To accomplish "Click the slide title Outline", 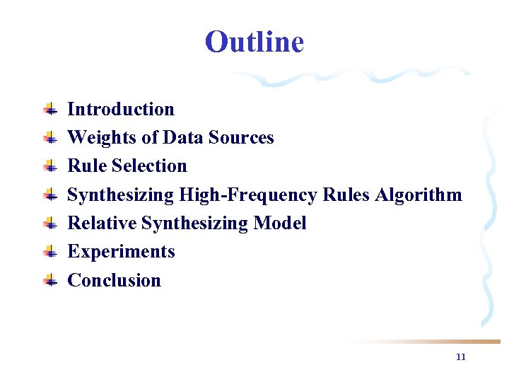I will (255, 42).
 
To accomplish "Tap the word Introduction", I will (120, 109).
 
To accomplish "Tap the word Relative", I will (102, 223).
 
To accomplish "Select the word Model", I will (279, 223).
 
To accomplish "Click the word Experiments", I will (121, 251).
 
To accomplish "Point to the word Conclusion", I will (114, 280).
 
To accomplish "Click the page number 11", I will (461, 357).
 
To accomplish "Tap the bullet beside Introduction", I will (49, 109).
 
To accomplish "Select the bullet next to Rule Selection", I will (49, 166).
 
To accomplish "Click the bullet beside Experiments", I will (49, 251).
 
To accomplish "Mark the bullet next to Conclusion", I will (49, 280).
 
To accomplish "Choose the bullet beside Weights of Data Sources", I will (49, 137).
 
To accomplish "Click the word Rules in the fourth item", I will (346, 195).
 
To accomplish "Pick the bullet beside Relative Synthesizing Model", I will (49, 223).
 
